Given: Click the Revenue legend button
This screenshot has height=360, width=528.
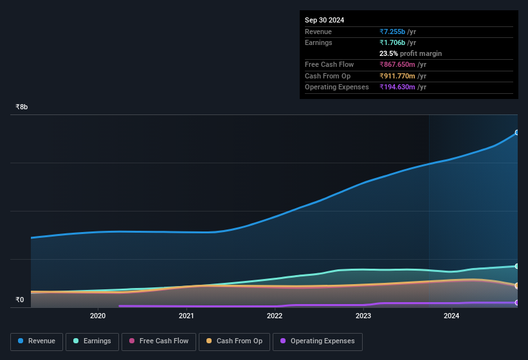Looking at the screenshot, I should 36,341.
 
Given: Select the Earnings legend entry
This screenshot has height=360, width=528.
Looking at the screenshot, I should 92,341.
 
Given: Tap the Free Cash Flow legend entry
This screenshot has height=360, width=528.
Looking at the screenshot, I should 158,341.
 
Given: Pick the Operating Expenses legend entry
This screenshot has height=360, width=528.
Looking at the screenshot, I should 318,341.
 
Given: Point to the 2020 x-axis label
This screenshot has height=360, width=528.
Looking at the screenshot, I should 98,316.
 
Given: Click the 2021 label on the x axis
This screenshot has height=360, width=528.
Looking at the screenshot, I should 187,316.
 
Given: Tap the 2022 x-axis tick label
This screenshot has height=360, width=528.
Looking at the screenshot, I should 275,316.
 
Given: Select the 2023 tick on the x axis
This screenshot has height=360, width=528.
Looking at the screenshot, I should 363,316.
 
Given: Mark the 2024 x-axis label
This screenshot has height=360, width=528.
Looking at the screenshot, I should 451,316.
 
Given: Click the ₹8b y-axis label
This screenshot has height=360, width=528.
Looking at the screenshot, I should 22,107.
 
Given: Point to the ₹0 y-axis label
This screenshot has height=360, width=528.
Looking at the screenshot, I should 19,300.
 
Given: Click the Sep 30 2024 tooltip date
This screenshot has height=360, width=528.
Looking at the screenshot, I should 325,20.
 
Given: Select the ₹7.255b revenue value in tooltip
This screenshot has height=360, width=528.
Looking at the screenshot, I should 392,32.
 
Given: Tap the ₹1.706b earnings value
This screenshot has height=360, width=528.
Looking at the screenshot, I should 392,42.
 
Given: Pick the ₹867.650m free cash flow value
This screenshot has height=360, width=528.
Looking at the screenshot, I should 397,65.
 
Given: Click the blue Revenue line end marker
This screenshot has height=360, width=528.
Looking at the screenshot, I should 517,133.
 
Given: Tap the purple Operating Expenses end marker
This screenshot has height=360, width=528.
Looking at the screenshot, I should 517,303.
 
